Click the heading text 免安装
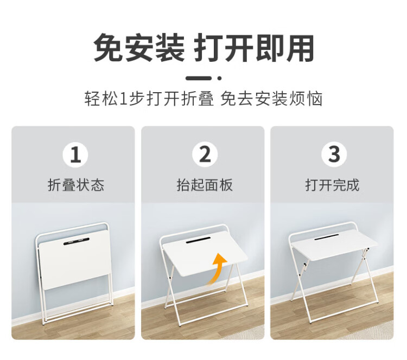click(x=139, y=48)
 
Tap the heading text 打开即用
click(x=255, y=48)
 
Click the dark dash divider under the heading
click(x=199, y=78)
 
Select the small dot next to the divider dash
click(x=219, y=78)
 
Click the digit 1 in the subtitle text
click(x=124, y=99)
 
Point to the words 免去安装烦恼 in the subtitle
click(x=271, y=99)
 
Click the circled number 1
click(x=75, y=155)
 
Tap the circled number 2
click(x=205, y=155)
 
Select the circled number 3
click(x=334, y=155)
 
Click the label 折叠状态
click(x=75, y=185)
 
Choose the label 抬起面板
click(x=205, y=185)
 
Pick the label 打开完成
click(x=332, y=185)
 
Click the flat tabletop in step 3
click(x=335, y=246)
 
